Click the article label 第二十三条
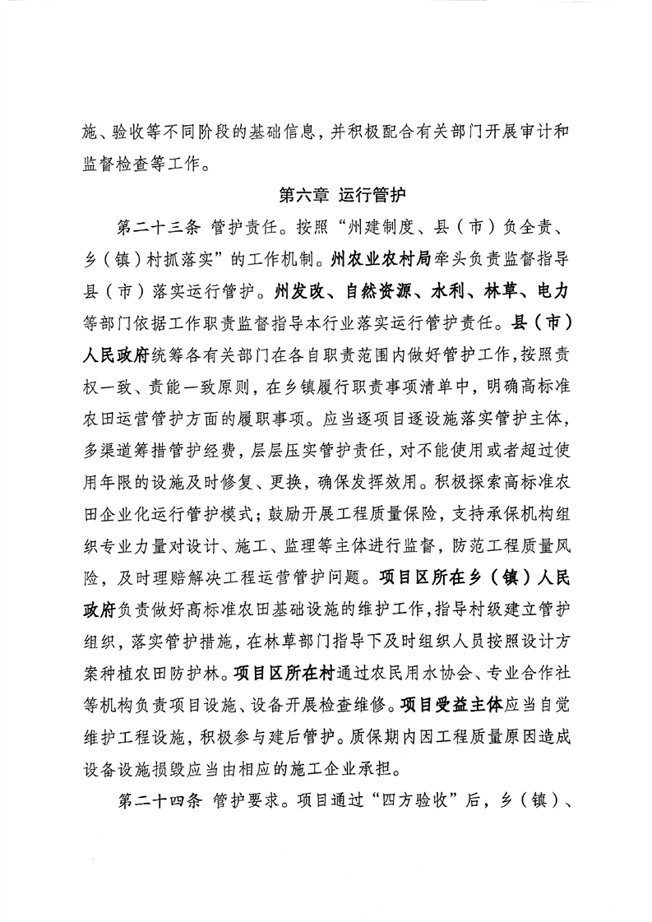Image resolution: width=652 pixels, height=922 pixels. [x=158, y=226]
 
